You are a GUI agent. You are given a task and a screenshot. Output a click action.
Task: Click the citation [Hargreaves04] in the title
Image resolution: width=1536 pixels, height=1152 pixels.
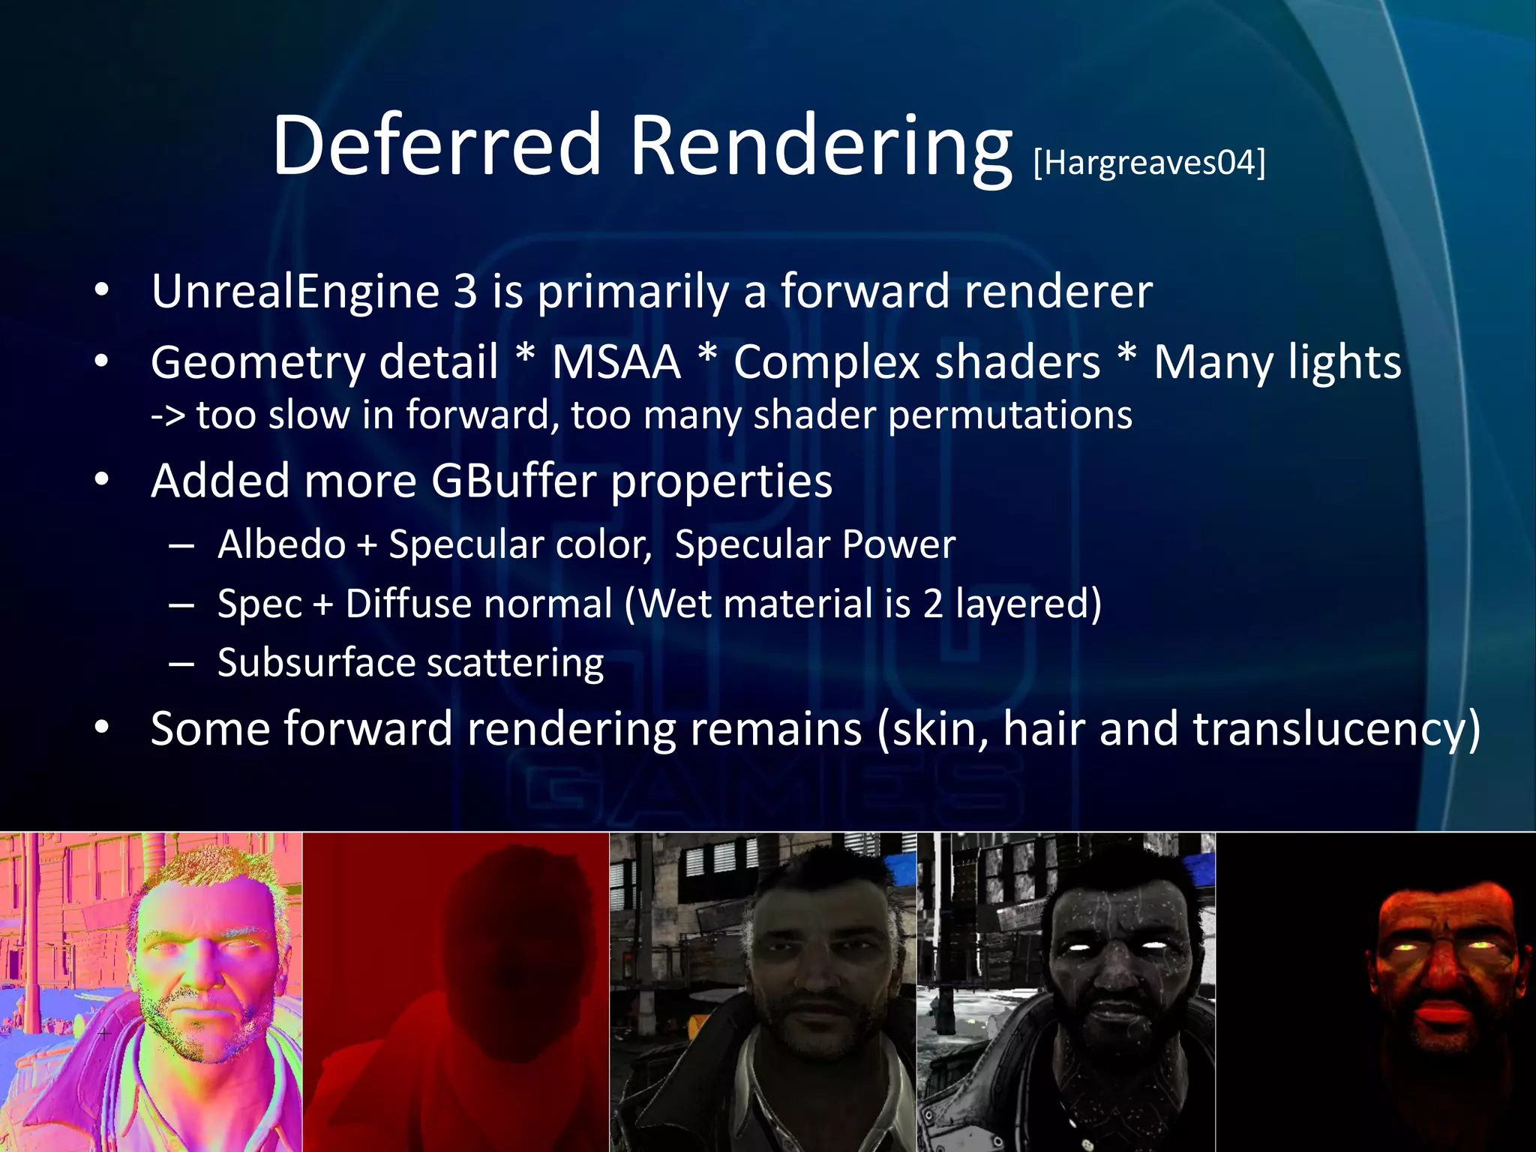pyautogui.click(x=1149, y=162)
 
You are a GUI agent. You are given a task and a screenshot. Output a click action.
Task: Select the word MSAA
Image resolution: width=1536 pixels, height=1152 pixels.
pyautogui.click(x=616, y=362)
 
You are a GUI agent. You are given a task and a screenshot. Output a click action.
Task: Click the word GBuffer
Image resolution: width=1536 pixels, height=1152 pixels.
pyautogui.click(x=513, y=481)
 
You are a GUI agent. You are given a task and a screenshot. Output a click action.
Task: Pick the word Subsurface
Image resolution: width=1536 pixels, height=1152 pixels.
pyautogui.click(x=316, y=663)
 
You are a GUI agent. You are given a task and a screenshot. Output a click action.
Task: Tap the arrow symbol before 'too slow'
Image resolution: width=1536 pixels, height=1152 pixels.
pyautogui.click(x=167, y=415)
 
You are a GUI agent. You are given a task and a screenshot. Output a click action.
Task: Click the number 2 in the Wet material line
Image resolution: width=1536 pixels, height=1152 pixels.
pyautogui.click(x=932, y=604)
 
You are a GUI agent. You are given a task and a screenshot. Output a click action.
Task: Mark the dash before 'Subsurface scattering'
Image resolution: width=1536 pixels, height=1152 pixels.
pyautogui.click(x=181, y=664)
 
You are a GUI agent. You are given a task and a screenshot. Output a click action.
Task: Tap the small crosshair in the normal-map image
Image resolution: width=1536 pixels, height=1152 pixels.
pyautogui.click(x=104, y=1033)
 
